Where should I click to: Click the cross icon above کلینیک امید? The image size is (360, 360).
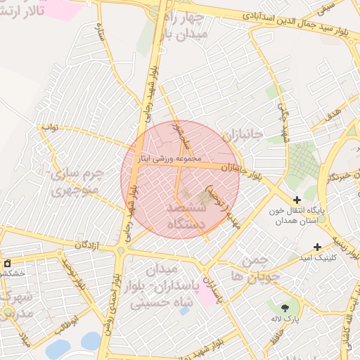click(318, 247)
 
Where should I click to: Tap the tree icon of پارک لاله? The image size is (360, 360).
click(284, 308)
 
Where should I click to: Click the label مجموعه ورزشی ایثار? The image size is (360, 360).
click(173, 158)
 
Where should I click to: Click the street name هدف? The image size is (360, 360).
click(334, 110)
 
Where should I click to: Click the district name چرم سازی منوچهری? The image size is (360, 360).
click(78, 181)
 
